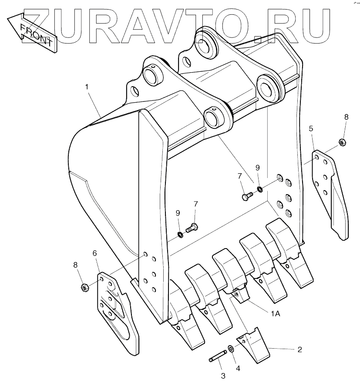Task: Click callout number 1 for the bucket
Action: point(87,87)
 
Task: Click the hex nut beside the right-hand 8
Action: point(342,141)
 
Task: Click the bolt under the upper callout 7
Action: point(246,196)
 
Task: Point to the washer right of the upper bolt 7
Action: point(259,189)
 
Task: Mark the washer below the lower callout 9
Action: point(180,235)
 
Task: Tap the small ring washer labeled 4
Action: point(230,349)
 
